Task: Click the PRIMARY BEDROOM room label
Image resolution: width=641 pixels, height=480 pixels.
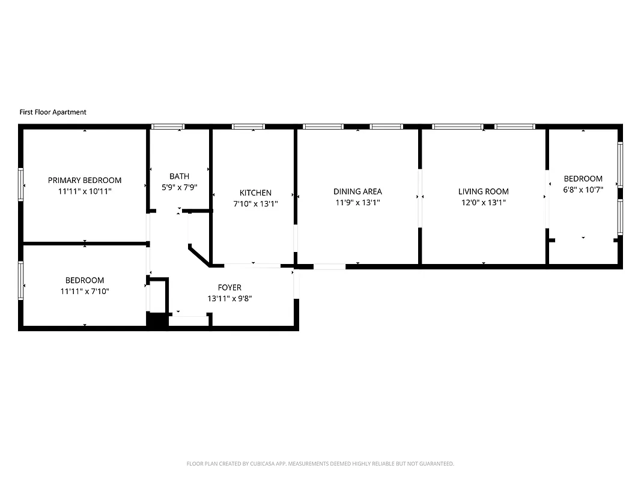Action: click(x=85, y=180)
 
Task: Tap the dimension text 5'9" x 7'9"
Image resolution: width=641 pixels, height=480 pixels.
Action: click(x=179, y=187)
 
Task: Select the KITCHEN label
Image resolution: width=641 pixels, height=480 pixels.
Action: click(x=255, y=193)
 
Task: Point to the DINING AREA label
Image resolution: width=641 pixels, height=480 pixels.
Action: click(x=357, y=191)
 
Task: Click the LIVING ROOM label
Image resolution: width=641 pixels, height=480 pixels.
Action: click(x=483, y=191)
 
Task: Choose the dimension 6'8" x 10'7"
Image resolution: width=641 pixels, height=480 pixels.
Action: click(x=583, y=190)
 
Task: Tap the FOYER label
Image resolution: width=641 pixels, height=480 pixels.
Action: click(x=229, y=287)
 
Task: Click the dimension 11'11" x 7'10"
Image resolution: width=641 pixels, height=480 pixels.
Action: click(x=85, y=291)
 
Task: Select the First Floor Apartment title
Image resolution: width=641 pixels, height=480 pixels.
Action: click(x=53, y=112)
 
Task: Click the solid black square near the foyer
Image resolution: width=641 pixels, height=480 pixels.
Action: click(x=157, y=321)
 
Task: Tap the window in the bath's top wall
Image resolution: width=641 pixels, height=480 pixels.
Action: click(x=168, y=127)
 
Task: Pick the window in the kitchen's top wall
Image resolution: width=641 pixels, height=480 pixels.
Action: click(x=249, y=127)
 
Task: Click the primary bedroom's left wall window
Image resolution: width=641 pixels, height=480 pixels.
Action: click(x=21, y=184)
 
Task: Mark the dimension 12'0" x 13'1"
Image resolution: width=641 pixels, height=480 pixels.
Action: click(x=483, y=203)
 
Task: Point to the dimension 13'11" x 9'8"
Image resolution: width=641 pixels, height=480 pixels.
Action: click(x=229, y=298)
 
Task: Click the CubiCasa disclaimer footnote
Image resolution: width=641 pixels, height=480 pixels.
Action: click(x=320, y=464)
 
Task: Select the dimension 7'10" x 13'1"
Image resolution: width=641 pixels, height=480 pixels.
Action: click(x=255, y=203)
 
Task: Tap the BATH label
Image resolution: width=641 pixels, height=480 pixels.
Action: click(x=179, y=176)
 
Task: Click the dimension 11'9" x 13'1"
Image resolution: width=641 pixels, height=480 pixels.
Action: click(x=357, y=203)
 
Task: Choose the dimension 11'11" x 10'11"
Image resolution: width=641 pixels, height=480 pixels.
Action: click(x=85, y=191)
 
